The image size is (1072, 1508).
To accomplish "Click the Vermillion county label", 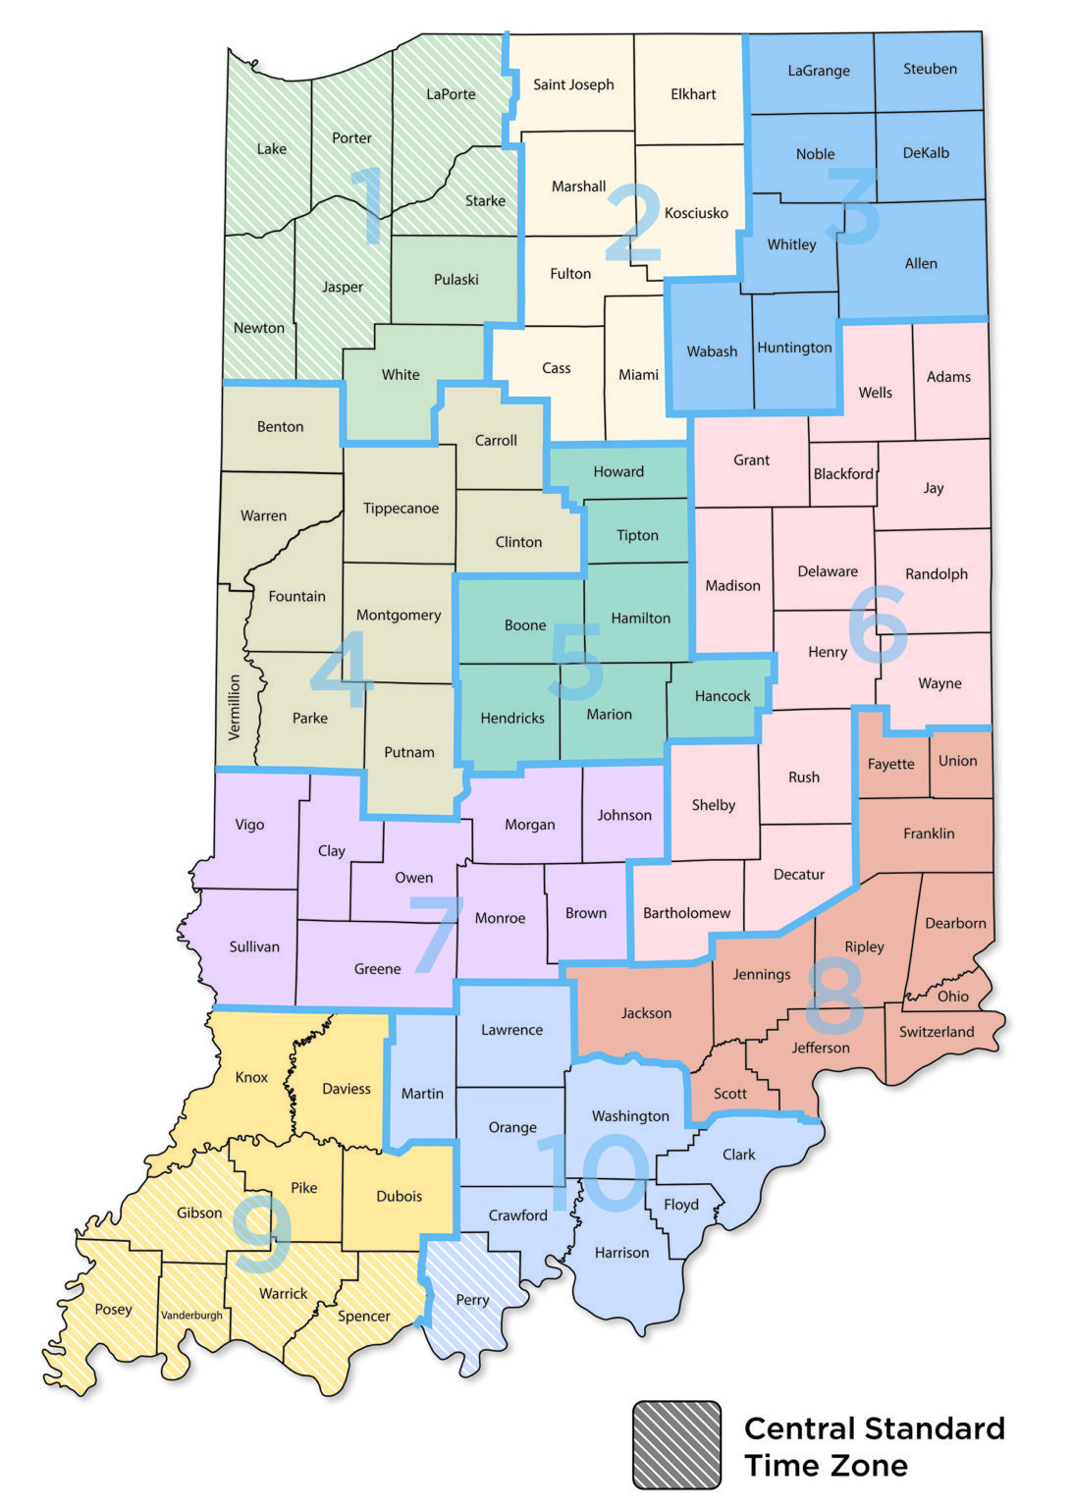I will tap(234, 707).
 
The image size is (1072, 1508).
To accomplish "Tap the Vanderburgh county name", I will tap(191, 1315).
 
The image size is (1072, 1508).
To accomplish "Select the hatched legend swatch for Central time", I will tap(676, 1444).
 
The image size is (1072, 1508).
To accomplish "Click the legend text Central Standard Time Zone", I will tap(874, 1446).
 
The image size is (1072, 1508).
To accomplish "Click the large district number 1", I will tap(369, 205).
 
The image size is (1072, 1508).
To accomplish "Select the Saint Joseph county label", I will tap(573, 84).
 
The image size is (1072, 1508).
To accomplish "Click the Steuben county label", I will tap(930, 69).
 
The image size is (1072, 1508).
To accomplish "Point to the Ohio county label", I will tap(952, 996).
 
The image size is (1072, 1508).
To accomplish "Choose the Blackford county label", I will tap(843, 473).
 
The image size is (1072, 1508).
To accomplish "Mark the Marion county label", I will tap(609, 714).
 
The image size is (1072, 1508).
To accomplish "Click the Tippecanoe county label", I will tap(401, 508).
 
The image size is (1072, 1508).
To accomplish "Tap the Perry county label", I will tap(472, 1299).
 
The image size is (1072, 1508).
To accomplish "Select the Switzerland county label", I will tap(937, 1031).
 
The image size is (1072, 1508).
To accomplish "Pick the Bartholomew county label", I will tap(686, 912).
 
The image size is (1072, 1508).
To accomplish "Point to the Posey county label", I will tap(113, 1309).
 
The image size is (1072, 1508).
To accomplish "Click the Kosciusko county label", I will tap(696, 212).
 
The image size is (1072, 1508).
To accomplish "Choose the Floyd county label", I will tap(680, 1204).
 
